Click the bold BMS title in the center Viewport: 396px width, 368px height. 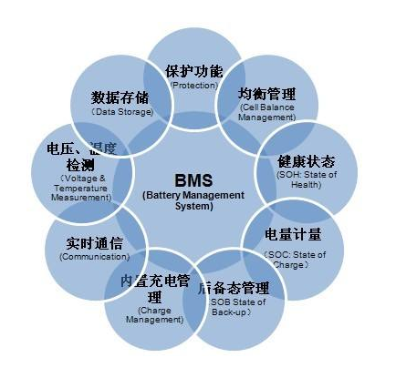pyautogui.click(x=193, y=180)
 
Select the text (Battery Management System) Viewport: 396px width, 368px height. pyautogui.click(x=193, y=200)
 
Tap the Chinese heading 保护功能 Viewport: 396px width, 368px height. pyautogui.click(x=194, y=71)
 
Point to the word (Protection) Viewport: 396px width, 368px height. pyautogui.click(x=194, y=86)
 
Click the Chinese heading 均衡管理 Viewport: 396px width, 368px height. pyautogui.click(x=266, y=94)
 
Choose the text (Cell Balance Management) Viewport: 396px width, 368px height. pyautogui.click(x=266, y=112)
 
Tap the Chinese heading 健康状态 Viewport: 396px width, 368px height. pyautogui.click(x=307, y=161)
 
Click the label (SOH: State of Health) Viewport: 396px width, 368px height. pyautogui.click(x=307, y=179)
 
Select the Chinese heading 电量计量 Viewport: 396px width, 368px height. pyautogui.click(x=293, y=234)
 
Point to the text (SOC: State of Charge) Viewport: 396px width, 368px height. pyautogui.click(x=294, y=260)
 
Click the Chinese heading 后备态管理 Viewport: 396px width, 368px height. pyautogui.click(x=234, y=288)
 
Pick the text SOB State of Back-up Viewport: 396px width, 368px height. pyautogui.click(x=234, y=307)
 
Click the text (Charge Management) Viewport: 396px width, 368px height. pyautogui.click(x=155, y=315)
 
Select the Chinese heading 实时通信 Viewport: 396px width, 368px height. pyautogui.click(x=95, y=243)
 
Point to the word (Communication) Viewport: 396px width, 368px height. pyautogui.click(x=95, y=257)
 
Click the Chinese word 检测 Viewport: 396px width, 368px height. pyautogui.click(x=80, y=165)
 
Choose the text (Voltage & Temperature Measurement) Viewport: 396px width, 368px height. pyautogui.click(x=81, y=188)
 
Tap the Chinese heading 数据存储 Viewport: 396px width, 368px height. pyautogui.click(x=120, y=97)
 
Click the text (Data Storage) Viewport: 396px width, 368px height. pyautogui.click(x=122, y=112)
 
